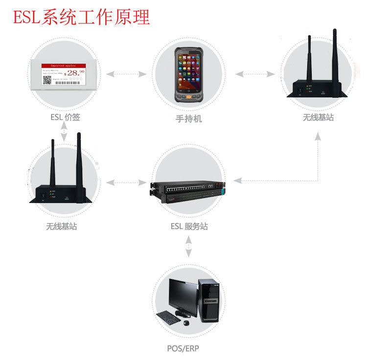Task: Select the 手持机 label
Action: click(x=188, y=119)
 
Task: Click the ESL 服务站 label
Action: click(x=189, y=226)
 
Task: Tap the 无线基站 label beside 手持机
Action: click(x=318, y=118)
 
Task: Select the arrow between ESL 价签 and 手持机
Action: click(x=126, y=74)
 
